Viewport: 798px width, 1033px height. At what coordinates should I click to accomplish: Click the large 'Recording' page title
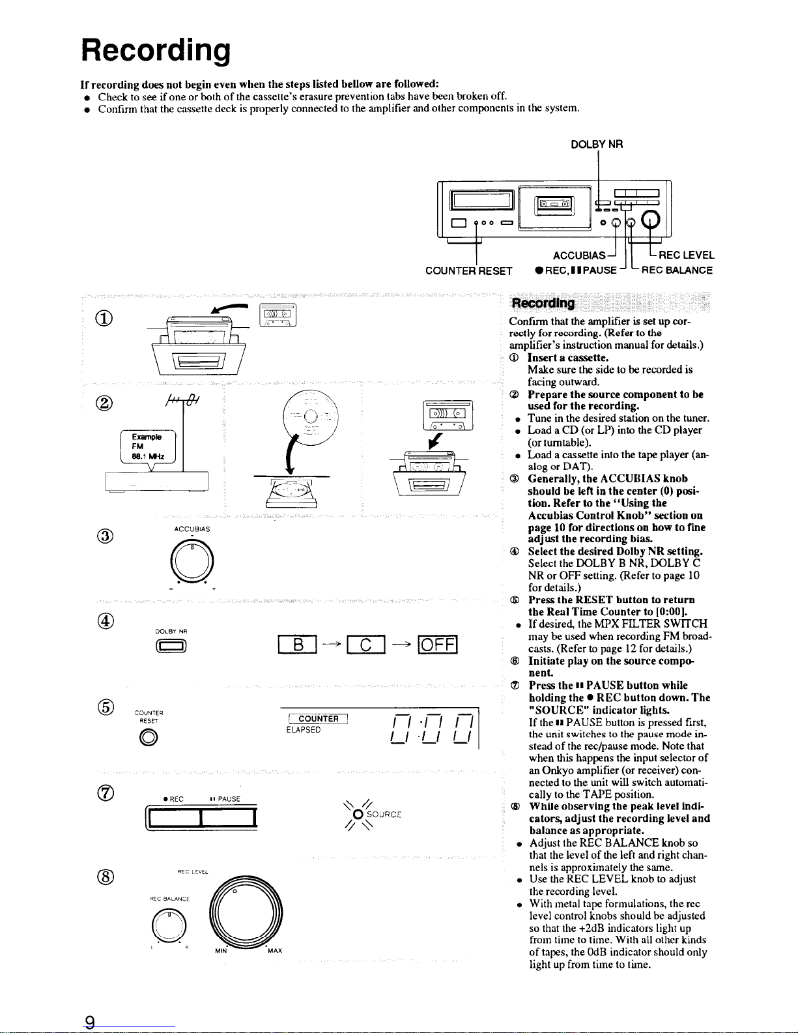tap(156, 50)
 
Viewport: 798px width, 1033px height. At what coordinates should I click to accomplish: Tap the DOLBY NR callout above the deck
tap(597, 145)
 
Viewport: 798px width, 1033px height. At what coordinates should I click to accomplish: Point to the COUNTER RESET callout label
tap(469, 271)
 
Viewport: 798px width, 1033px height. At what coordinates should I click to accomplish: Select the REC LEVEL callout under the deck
tap(687, 255)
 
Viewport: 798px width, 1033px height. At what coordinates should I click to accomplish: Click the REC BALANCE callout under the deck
tap(677, 270)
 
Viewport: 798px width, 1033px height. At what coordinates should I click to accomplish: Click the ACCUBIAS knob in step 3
tap(192, 561)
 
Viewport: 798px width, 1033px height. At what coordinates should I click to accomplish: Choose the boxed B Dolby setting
tap(297, 645)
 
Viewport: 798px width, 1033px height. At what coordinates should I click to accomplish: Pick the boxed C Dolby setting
tap(365, 645)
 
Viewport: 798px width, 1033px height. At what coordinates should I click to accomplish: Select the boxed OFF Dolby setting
tap(438, 645)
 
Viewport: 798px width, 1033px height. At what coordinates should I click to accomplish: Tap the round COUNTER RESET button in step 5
tap(149, 737)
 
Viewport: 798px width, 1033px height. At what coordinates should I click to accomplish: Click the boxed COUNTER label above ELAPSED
tap(319, 719)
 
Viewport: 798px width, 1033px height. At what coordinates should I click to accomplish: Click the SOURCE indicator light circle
tap(358, 815)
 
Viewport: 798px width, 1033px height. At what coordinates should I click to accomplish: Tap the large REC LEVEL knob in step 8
tap(246, 913)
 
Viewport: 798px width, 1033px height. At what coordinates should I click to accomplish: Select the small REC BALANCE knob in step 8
tap(169, 926)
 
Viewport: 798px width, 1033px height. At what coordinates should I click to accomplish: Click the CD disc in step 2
tap(310, 417)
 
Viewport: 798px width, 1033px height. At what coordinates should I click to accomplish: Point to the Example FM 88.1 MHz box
tap(148, 447)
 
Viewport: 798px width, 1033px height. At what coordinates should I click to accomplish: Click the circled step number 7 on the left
tap(106, 793)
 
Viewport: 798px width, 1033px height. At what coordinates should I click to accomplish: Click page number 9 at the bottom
tap(90, 1021)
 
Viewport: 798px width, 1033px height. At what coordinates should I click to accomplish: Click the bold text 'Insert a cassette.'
tap(567, 358)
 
